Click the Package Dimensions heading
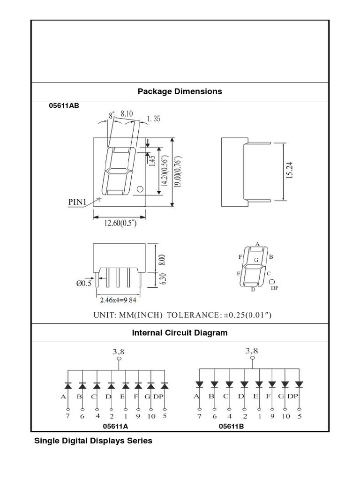coord(180,91)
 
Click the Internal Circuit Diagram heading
coord(180,333)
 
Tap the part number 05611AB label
coord(64,105)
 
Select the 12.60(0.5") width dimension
coord(120,224)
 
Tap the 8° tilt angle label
coord(112,115)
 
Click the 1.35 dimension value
coord(153,119)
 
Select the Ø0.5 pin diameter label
coord(85,283)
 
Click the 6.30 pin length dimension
coord(163,280)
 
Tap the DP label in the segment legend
coord(275,288)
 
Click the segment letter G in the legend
coord(256,259)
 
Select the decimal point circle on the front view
coord(139,189)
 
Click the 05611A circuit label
coord(116,426)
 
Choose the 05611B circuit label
coord(231,426)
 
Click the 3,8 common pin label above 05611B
coord(252,350)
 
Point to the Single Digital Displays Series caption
coord(93,441)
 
